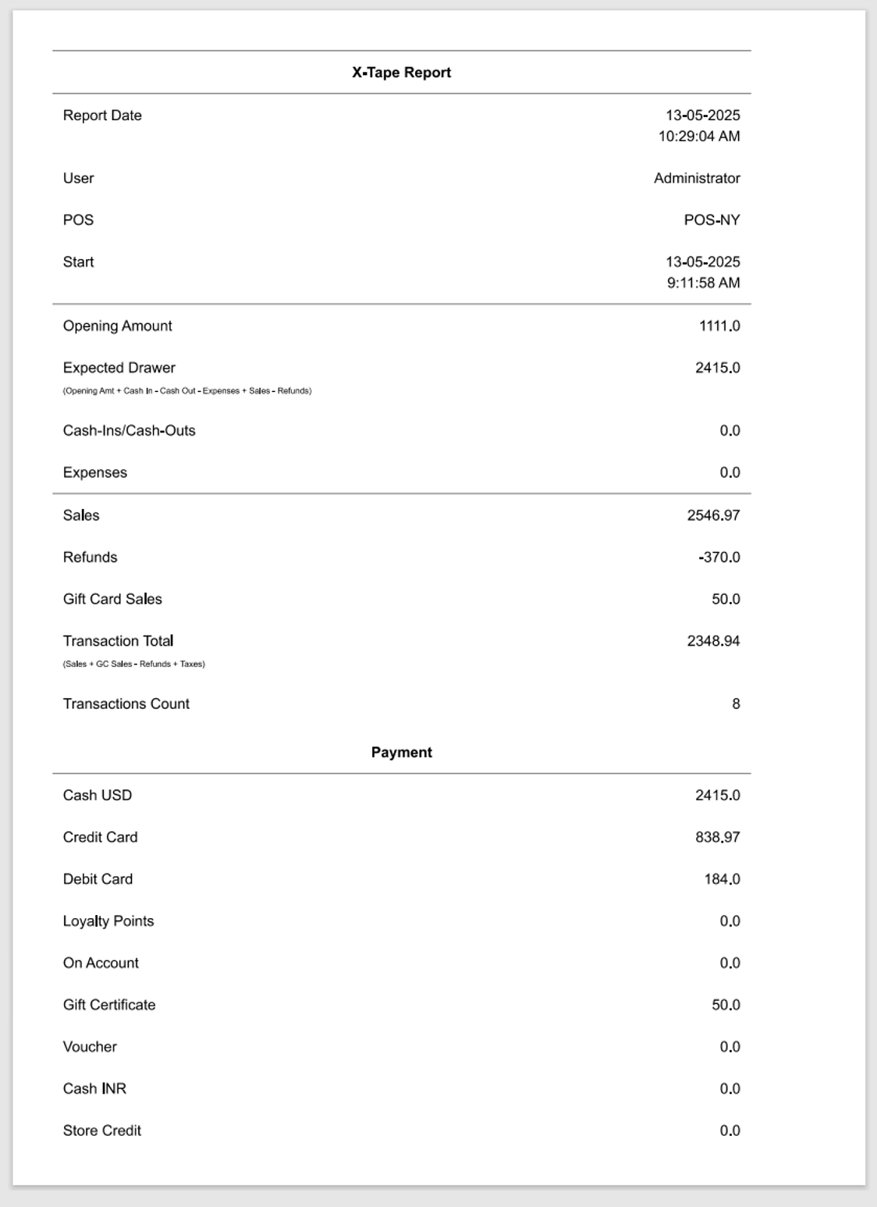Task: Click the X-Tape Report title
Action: [401, 73]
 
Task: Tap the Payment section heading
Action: [401, 753]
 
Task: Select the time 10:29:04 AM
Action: [699, 137]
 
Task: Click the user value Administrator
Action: [697, 179]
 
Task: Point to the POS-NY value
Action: [712, 220]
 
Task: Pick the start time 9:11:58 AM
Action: [703, 283]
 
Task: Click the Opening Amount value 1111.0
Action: [719, 326]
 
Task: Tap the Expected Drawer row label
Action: [119, 368]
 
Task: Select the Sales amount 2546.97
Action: [713, 515]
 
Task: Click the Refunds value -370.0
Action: [719, 557]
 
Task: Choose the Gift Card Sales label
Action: [112, 600]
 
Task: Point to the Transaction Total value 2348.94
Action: [713, 642]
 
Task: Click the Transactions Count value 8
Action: [736, 704]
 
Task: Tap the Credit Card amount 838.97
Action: [717, 838]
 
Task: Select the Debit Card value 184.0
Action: [722, 880]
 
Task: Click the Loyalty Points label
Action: [108, 921]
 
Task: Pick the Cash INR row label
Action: [94, 1089]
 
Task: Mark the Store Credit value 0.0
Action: [730, 1131]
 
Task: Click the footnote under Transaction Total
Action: [134, 664]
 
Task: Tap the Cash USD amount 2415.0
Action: [717, 796]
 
